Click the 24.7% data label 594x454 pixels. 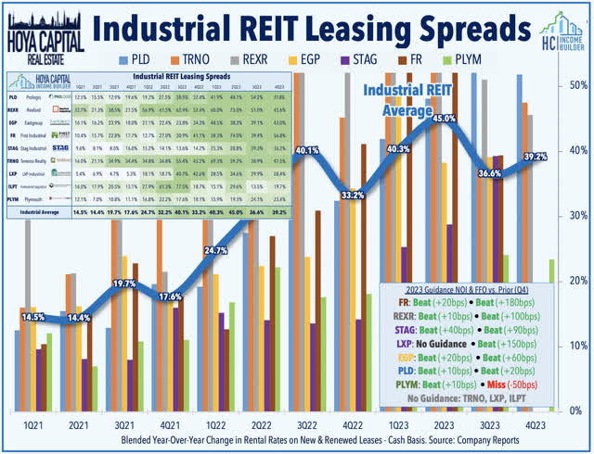(215, 250)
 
